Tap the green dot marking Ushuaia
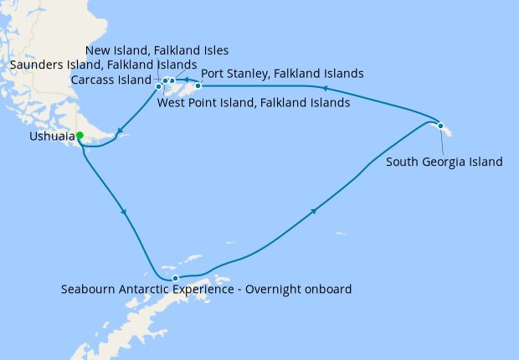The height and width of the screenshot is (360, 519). click(x=80, y=135)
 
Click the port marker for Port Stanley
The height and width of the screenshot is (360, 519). click(x=198, y=85)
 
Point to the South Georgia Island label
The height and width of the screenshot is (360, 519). click(x=444, y=162)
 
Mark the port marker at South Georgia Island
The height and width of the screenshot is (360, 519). click(x=440, y=126)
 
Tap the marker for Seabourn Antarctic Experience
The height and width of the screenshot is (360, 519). click(x=175, y=278)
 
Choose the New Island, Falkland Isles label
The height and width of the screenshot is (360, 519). click(x=157, y=50)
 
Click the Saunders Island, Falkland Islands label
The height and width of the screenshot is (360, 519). click(x=104, y=64)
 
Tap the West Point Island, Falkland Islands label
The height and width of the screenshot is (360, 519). click(x=253, y=104)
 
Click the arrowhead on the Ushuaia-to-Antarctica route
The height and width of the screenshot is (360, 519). click(x=125, y=212)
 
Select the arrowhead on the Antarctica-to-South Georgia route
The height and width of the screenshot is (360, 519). click(x=315, y=211)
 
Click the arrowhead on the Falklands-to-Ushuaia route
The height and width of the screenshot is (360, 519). click(x=121, y=130)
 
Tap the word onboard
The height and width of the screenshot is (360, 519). click(x=326, y=290)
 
